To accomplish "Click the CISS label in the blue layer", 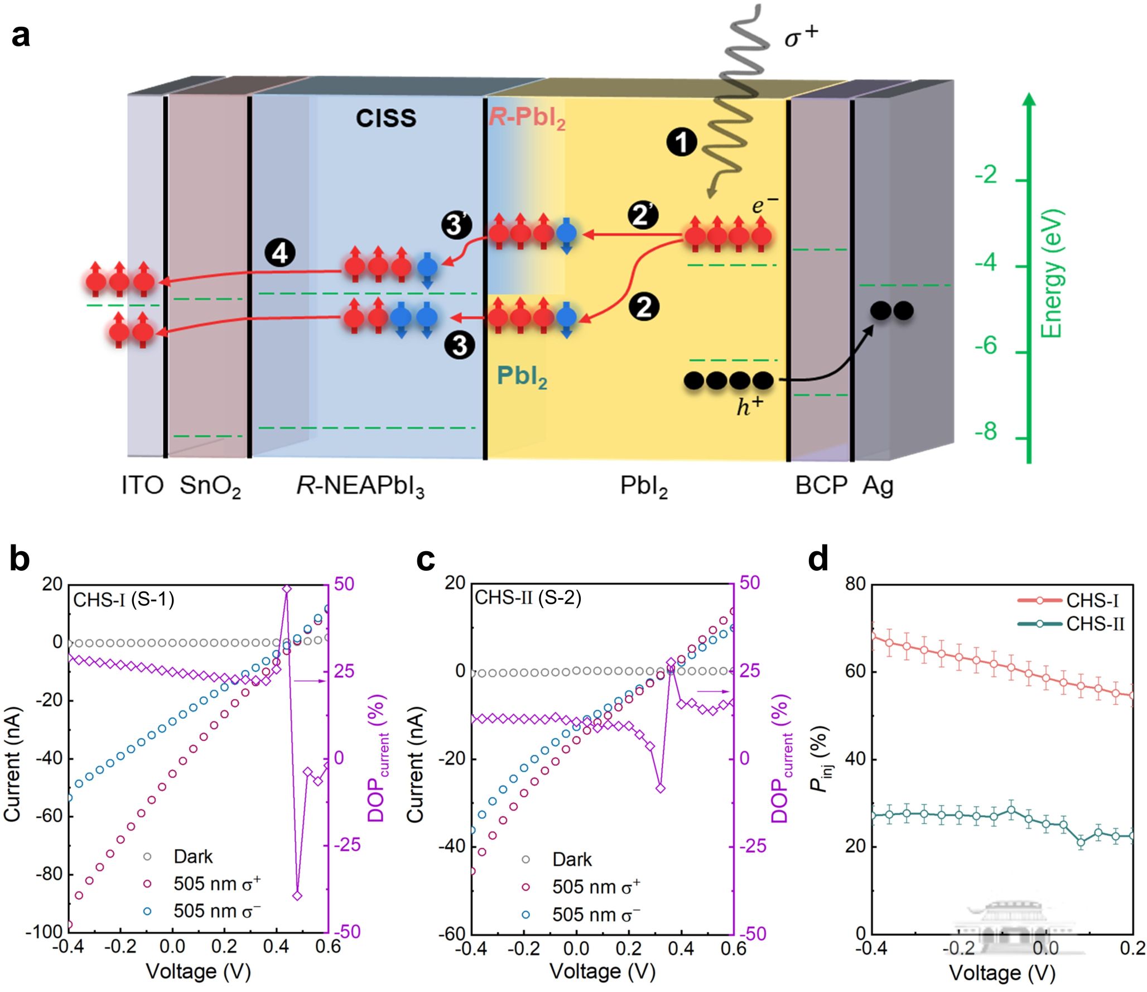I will point(386,118).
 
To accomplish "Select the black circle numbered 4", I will point(279,254).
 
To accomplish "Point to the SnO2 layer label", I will point(210,487).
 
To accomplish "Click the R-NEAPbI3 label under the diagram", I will point(360,487).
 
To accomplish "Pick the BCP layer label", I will point(821,485).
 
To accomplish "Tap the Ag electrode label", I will point(878,487).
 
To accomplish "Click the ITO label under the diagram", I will point(142,485).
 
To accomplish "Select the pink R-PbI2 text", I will point(527,118).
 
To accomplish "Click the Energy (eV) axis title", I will point(1052,273).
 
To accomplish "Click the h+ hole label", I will point(749,407).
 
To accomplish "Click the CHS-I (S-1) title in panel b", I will point(124,599).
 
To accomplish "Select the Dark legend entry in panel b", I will point(192,856).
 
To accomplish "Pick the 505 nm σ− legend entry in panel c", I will point(595,914).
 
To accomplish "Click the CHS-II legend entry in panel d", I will point(1095,624).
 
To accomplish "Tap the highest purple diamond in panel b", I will point(287,589).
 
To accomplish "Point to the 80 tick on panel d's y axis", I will point(855,584).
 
